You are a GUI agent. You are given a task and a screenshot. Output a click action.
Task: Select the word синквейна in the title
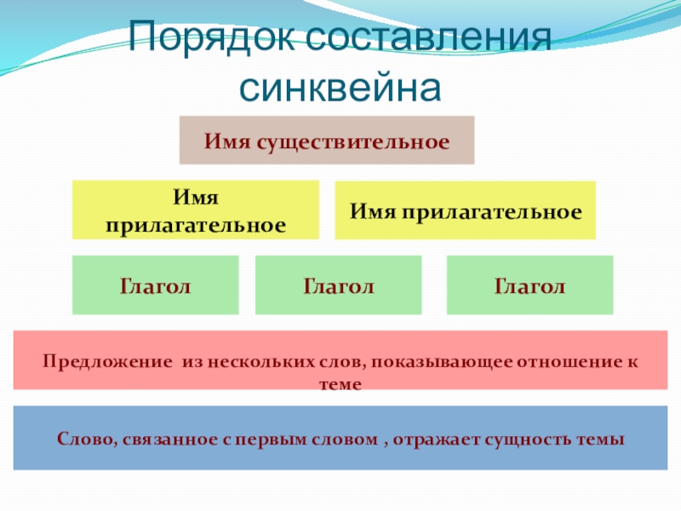pyautogui.click(x=340, y=87)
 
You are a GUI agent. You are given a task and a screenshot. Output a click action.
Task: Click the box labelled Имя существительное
pyautogui.click(x=326, y=140)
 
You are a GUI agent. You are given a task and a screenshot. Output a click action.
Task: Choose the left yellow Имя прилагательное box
pyautogui.click(x=195, y=210)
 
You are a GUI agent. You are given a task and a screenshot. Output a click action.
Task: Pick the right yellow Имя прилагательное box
pyautogui.click(x=466, y=210)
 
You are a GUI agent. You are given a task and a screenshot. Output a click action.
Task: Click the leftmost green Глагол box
pyautogui.click(x=155, y=285)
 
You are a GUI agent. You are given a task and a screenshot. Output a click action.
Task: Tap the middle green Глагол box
pyautogui.click(x=338, y=285)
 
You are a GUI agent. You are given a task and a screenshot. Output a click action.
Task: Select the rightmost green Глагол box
pyautogui.click(x=529, y=285)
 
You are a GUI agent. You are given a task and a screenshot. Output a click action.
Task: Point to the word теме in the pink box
pyautogui.click(x=340, y=384)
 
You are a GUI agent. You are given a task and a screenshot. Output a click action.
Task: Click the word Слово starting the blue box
pyautogui.click(x=85, y=439)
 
